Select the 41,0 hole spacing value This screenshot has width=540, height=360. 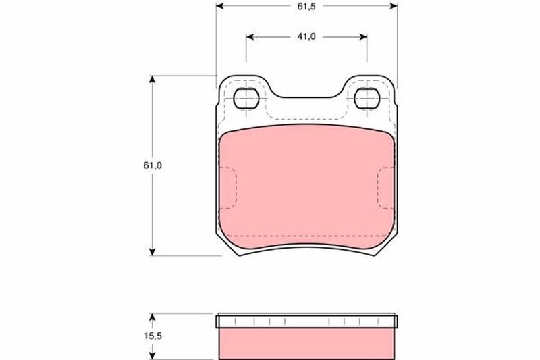click(306, 37)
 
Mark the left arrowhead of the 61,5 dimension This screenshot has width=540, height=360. click(220, 6)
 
